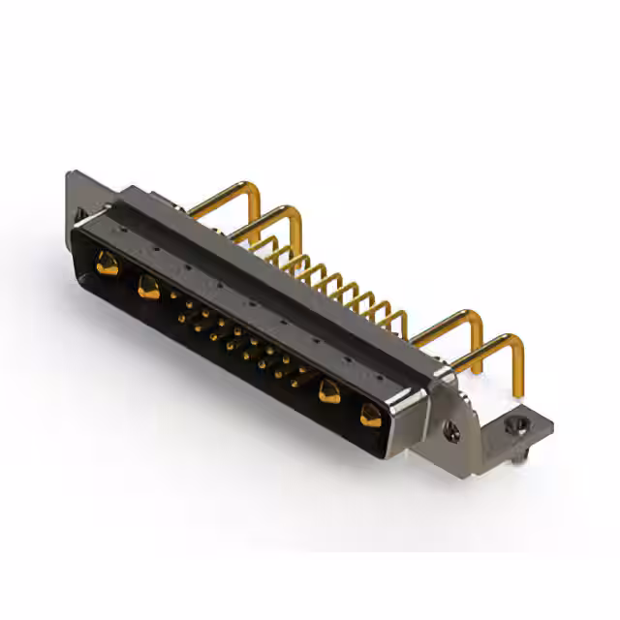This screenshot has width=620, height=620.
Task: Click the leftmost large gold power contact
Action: coord(107,262)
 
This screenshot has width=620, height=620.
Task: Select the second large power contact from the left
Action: coord(148,286)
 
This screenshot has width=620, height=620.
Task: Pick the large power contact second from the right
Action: coord(328,391)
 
